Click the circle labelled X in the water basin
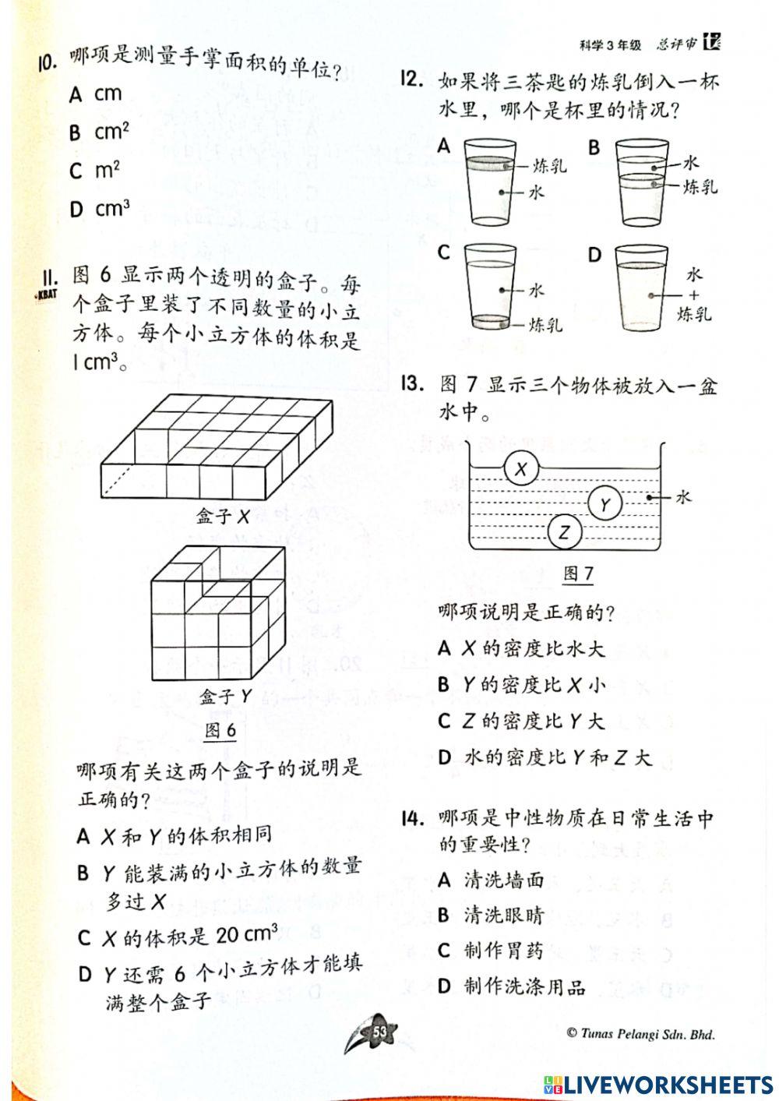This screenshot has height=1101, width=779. click(x=522, y=468)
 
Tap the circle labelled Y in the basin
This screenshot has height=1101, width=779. click(x=605, y=505)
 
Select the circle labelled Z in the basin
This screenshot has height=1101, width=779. click(x=565, y=534)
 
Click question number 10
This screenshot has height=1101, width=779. click(x=48, y=62)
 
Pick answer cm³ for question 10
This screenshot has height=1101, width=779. click(x=111, y=209)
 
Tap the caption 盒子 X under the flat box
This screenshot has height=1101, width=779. click(x=223, y=516)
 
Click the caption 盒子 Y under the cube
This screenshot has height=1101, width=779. click(x=225, y=697)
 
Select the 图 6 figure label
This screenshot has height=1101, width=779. click(x=220, y=730)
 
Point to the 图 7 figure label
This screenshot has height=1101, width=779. click(x=578, y=574)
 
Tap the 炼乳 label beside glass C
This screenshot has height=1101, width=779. click(x=546, y=324)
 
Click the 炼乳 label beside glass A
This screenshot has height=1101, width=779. click(x=550, y=165)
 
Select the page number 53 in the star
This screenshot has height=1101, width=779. click(x=380, y=1032)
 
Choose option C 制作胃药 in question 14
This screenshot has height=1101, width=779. click(x=502, y=951)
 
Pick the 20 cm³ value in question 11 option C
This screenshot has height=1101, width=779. click(x=246, y=933)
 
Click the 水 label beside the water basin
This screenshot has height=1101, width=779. click(x=682, y=496)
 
